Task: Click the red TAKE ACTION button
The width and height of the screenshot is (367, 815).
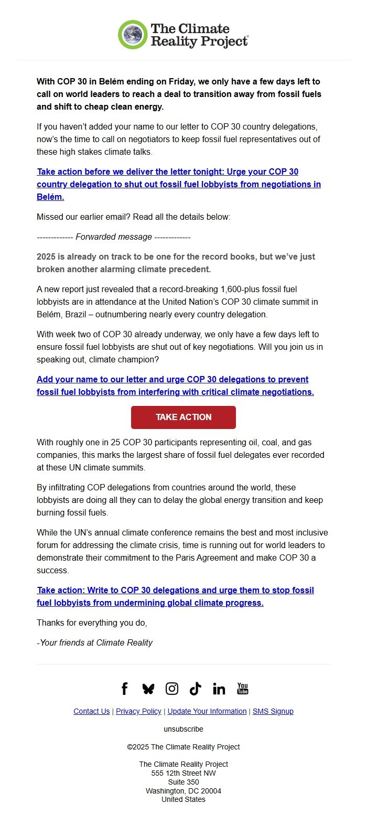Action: tap(183, 417)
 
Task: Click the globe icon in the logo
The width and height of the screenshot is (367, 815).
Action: tap(133, 35)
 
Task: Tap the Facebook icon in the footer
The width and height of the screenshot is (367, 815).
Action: tap(124, 689)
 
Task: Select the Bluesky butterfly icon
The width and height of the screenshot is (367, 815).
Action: tap(148, 689)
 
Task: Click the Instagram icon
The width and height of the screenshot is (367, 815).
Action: tap(172, 689)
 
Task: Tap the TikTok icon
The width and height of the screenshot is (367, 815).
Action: tap(196, 689)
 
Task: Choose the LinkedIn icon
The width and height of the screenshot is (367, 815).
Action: tap(219, 689)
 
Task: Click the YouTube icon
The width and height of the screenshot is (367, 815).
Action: tap(243, 689)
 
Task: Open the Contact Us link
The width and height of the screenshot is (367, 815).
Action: tap(92, 711)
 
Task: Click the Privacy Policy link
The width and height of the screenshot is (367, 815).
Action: tap(138, 711)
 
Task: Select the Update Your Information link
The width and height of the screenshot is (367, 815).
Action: tap(207, 711)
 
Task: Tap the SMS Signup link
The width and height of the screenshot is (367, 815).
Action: tap(273, 711)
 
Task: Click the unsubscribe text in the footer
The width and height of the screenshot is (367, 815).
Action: tap(183, 729)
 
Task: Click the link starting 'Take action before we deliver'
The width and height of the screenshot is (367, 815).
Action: tap(178, 184)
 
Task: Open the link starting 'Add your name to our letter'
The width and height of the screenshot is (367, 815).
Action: tap(175, 385)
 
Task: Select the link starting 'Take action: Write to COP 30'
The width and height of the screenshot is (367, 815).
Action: tap(175, 596)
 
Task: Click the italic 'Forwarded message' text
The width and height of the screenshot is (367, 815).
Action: tap(114, 237)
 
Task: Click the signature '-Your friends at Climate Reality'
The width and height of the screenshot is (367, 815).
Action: tap(94, 642)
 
